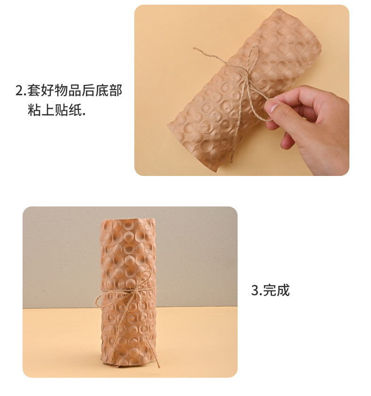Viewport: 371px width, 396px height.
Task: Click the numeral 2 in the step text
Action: [19, 91]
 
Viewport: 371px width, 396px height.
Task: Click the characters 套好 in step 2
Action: [39, 90]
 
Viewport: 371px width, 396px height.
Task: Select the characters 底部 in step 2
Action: [109, 90]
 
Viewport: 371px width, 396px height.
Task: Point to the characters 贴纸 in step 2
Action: [68, 111]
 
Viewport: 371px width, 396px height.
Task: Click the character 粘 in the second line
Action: [34, 111]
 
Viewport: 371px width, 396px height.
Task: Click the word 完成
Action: [277, 290]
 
